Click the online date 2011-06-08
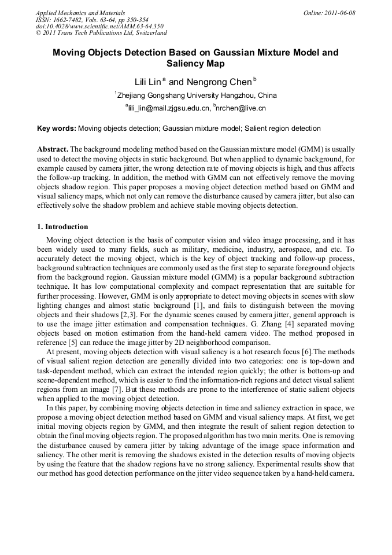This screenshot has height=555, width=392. point(338,12)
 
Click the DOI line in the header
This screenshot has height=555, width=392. point(99,26)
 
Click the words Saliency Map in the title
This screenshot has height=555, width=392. point(195,64)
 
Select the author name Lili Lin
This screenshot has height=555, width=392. point(147,82)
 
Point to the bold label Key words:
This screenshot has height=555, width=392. point(56,128)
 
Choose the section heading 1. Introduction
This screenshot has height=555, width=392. point(62,227)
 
